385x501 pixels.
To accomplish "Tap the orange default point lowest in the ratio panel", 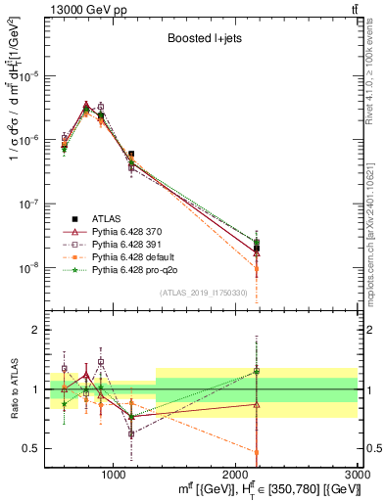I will (257, 452).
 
